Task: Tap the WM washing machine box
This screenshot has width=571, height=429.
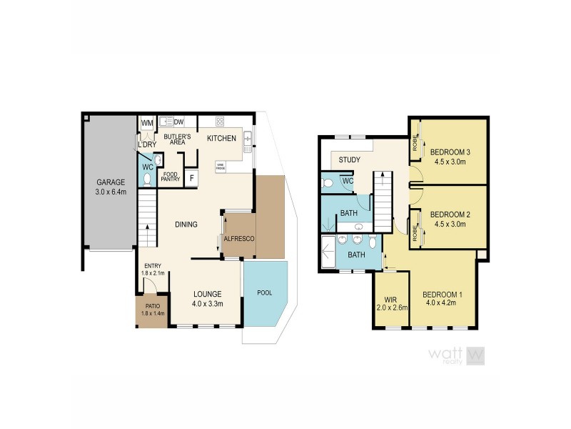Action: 147,124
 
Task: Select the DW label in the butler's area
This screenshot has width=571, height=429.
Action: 178,122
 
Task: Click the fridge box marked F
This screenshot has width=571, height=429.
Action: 191,178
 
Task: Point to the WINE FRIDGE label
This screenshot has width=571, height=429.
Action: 220,167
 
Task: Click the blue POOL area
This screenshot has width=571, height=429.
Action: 264,293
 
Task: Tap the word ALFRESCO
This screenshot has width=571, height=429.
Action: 238,239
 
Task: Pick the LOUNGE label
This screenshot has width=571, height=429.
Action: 208,293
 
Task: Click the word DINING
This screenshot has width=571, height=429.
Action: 186,225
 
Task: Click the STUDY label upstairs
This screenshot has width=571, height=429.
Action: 349,160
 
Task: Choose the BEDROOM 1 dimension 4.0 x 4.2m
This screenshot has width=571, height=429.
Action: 443,303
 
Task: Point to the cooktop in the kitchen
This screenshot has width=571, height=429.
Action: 221,121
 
